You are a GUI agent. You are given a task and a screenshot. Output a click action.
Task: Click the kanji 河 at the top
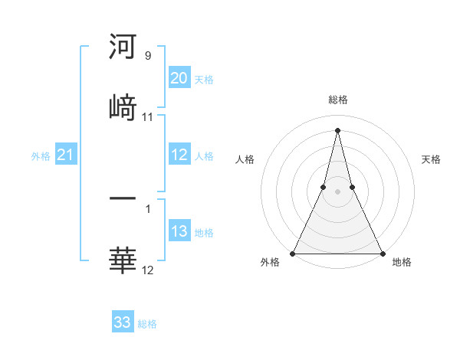pos(123,47)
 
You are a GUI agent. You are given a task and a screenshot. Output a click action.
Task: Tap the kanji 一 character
pos(123,198)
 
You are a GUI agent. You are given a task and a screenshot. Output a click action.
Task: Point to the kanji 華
pos(123,260)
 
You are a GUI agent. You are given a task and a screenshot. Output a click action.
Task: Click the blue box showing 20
pos(179,78)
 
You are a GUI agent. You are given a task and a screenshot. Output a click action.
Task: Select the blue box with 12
pos(179,155)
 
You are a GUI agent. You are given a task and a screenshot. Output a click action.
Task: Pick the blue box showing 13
pos(179,231)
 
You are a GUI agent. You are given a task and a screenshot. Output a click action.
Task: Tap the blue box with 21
pos(66,155)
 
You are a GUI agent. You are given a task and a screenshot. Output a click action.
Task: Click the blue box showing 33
pos(123,322)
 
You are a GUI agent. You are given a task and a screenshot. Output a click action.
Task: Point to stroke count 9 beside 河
pos(148,55)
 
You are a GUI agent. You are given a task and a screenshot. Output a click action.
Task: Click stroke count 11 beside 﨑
pos(148,116)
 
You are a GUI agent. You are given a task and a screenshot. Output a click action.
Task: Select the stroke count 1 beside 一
pos(148,208)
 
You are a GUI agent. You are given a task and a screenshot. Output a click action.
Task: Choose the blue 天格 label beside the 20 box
pos(204,79)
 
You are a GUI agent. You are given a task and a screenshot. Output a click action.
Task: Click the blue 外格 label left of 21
pos(41,155)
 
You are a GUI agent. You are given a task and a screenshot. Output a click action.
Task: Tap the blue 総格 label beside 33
pos(147,323)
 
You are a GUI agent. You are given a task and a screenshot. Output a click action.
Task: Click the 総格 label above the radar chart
pos(337,100)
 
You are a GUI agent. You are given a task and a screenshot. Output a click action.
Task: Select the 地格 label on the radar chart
pos(402,262)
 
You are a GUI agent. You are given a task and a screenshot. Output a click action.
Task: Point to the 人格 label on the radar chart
pos(245,159)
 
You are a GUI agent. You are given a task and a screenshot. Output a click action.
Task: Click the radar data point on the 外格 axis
pos(294,254)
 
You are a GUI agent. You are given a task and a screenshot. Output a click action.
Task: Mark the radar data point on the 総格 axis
pos(337,129)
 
